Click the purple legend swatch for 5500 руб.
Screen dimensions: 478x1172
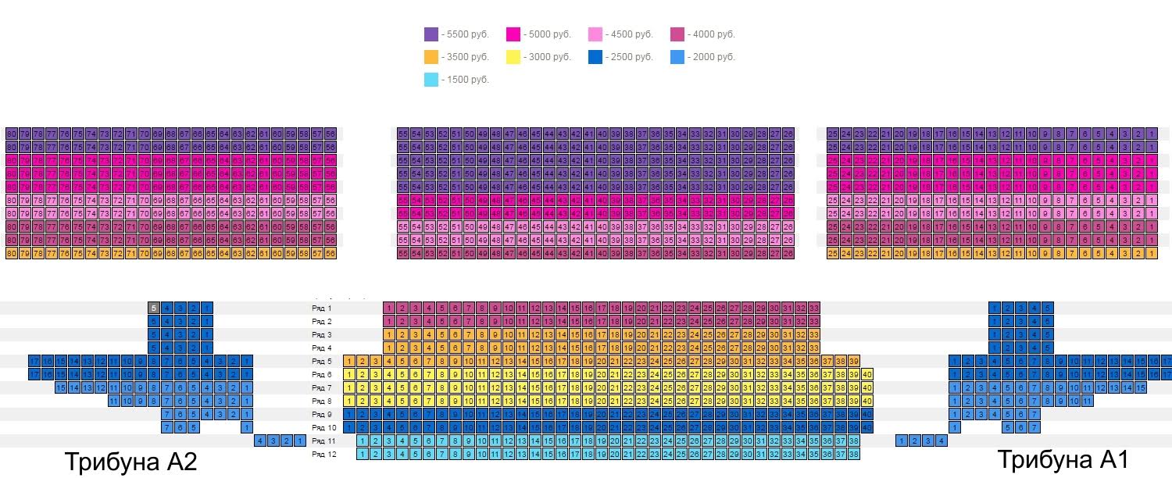(431, 34)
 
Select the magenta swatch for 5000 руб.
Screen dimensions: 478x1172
(513, 34)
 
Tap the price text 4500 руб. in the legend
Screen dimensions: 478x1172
(631, 34)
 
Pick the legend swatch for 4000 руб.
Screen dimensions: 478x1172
(677, 34)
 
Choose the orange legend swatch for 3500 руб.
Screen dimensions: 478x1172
(431, 57)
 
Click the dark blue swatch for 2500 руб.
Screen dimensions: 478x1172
(595, 57)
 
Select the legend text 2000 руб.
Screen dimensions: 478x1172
(713, 57)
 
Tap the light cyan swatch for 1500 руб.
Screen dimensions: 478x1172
(431, 80)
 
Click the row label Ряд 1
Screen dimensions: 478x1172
(321, 309)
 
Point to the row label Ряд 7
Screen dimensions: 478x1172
(321, 388)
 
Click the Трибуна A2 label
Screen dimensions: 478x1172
(130, 461)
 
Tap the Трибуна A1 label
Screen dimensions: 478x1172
(1063, 459)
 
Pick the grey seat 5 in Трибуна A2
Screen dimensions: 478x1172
(155, 308)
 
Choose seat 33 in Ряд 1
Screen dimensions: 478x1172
(813, 309)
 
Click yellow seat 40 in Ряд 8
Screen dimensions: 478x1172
(866, 401)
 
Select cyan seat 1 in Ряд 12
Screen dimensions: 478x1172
(363, 454)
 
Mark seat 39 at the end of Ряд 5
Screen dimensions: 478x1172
(853, 361)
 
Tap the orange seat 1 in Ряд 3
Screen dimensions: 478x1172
(389, 334)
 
